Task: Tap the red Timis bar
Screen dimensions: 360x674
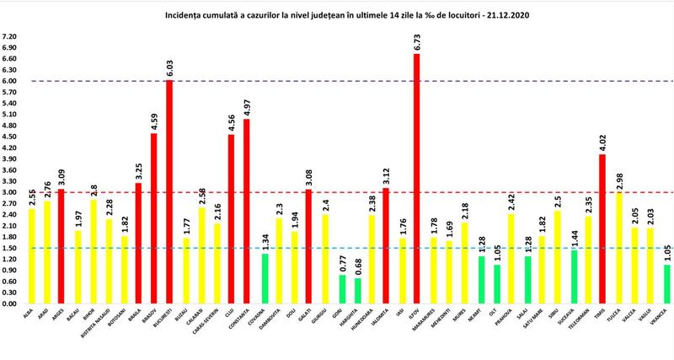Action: [602, 228]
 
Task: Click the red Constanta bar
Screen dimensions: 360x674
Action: [247, 211]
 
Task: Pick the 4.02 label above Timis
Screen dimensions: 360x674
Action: [602, 143]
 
